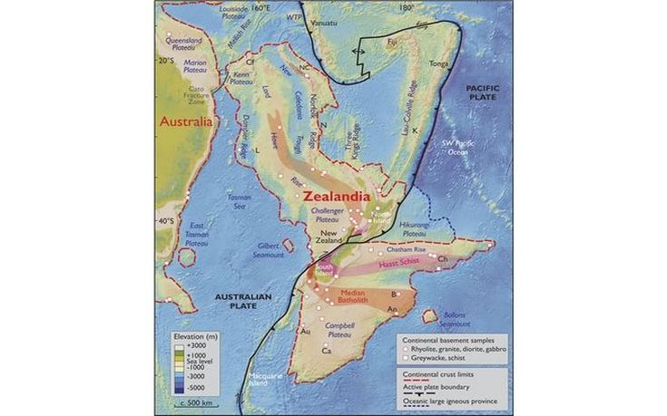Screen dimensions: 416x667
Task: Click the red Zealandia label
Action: (x=336, y=196)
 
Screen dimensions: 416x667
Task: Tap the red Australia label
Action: (x=185, y=121)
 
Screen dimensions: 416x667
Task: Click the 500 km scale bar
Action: (x=191, y=401)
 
